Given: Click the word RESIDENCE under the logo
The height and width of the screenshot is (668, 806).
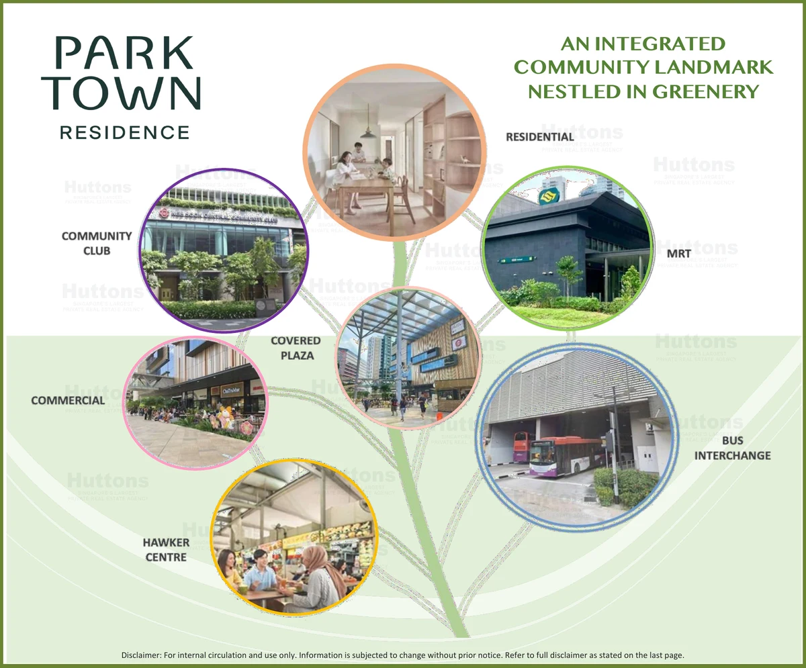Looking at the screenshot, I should tap(125, 132).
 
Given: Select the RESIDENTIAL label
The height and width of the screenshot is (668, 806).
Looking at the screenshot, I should tap(540, 137).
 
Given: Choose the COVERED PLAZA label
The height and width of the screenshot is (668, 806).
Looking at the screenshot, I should tap(296, 348).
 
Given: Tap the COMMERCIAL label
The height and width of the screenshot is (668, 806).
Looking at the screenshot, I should tap(68, 401).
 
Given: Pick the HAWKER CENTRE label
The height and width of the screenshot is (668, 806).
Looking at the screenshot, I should tap(166, 549).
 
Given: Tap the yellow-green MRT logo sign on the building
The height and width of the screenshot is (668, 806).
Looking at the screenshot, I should tap(549, 196).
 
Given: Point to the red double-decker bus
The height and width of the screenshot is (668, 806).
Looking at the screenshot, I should tap(521, 446).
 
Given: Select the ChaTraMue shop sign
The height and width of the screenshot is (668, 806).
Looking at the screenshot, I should tap(232, 389).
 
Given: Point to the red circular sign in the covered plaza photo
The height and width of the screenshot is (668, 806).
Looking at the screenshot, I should tap(459, 342).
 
